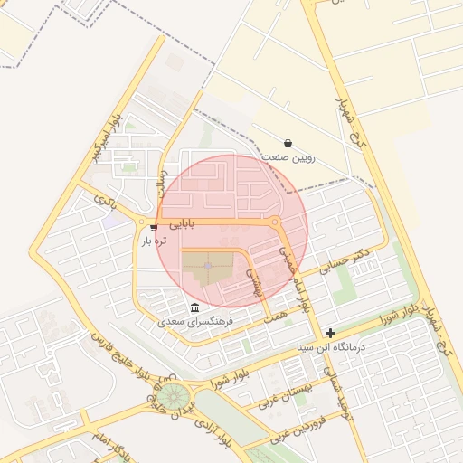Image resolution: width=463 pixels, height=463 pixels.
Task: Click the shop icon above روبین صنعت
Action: coord(288,143)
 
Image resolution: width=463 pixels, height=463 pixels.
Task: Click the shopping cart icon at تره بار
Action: coord(155,227)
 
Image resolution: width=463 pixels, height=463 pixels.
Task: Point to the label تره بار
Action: coord(155,241)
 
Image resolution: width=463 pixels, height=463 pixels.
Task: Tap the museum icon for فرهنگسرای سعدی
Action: coord(195,307)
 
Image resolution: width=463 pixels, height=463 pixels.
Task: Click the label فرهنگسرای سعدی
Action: coord(195,321)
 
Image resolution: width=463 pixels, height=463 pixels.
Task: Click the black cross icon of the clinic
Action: coord(331,334)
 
